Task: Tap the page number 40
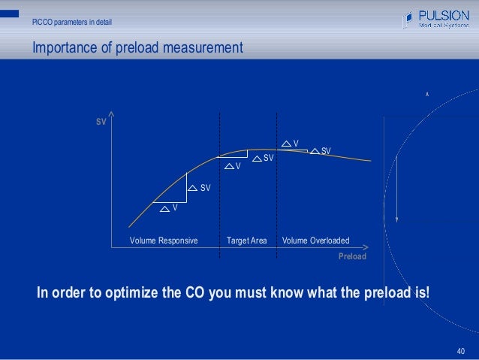461,350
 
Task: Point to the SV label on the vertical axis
100,121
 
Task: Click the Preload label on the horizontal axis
352,256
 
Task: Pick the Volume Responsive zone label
164,241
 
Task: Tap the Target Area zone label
247,241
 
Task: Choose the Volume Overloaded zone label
315,241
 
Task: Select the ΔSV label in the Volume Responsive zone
199,187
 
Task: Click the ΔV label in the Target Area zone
233,166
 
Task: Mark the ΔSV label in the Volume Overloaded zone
321,151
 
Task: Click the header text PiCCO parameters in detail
72,20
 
